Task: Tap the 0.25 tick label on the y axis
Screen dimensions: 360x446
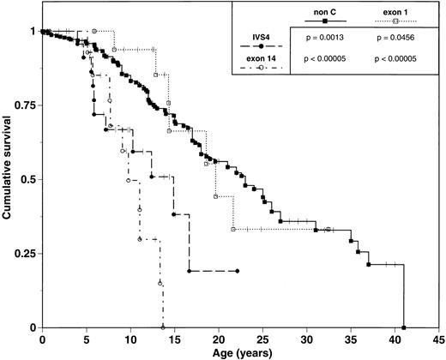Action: click(23, 254)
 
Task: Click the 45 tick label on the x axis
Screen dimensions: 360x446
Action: click(438, 338)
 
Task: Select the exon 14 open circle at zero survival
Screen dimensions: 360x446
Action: click(163, 327)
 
